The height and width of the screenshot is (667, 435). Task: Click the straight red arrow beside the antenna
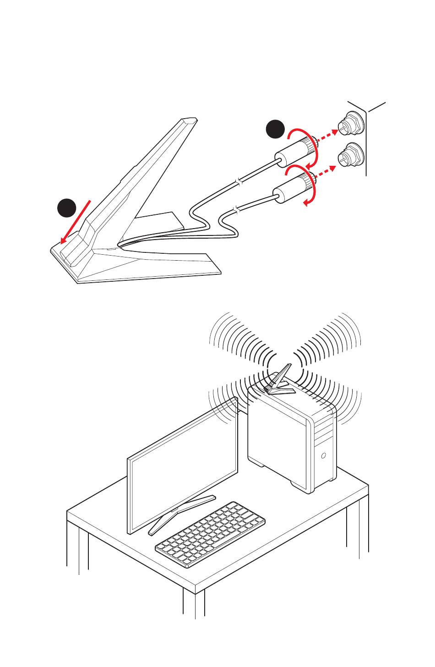pyautogui.click(x=76, y=221)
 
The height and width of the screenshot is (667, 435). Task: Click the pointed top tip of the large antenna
pyautogui.click(x=189, y=120)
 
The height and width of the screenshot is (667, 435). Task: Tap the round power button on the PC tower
pyautogui.click(x=324, y=455)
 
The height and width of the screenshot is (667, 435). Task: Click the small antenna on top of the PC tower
pyautogui.click(x=280, y=380)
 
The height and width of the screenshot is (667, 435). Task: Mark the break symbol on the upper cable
pyautogui.click(x=238, y=184)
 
